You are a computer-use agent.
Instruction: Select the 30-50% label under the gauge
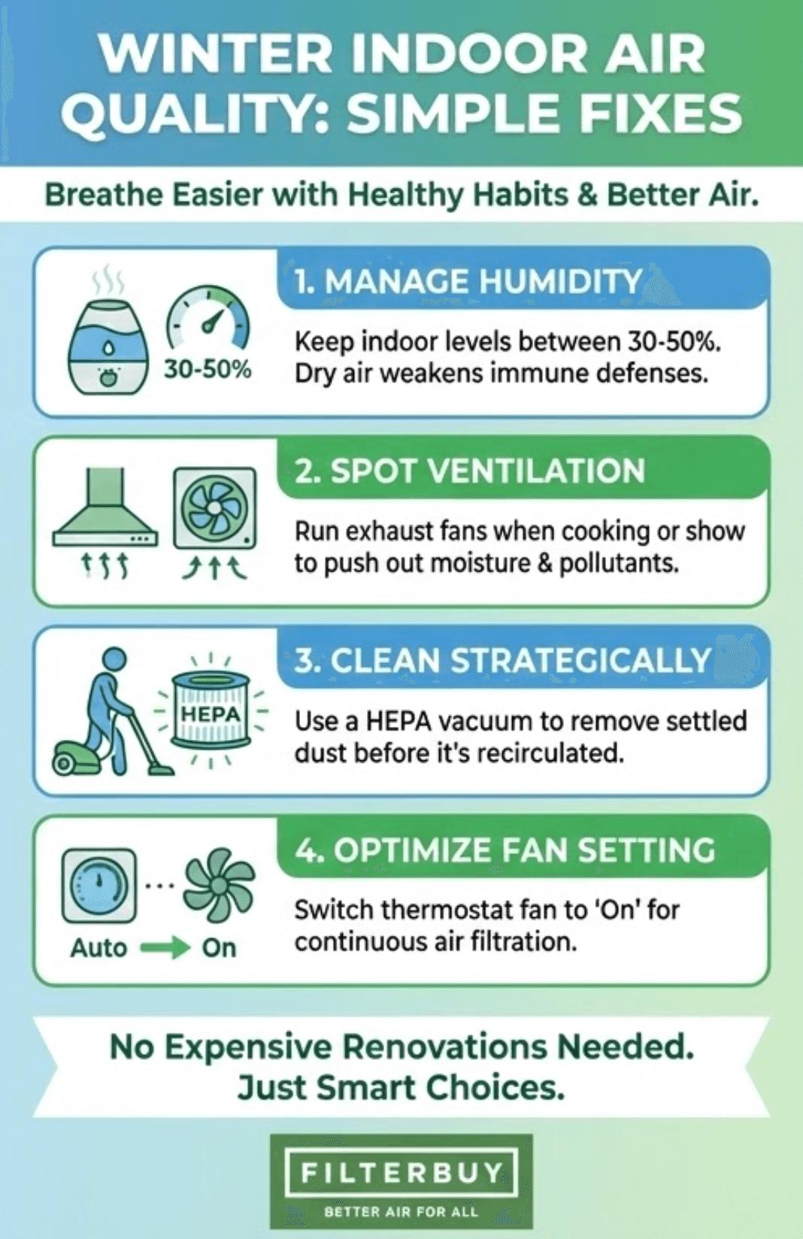pos(208,369)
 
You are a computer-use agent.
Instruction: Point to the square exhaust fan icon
pos(214,508)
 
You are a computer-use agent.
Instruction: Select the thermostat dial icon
pos(99,885)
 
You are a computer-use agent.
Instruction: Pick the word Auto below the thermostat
pos(98,948)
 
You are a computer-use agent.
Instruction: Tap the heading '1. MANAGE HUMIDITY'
pos(468,281)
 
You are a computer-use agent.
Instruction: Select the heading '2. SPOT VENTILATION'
pos(470,471)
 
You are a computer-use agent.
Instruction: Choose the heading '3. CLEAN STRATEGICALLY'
pos(502,661)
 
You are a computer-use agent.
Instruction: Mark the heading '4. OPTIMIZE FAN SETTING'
pos(505,850)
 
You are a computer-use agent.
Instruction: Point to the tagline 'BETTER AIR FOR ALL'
pos(401,1212)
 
